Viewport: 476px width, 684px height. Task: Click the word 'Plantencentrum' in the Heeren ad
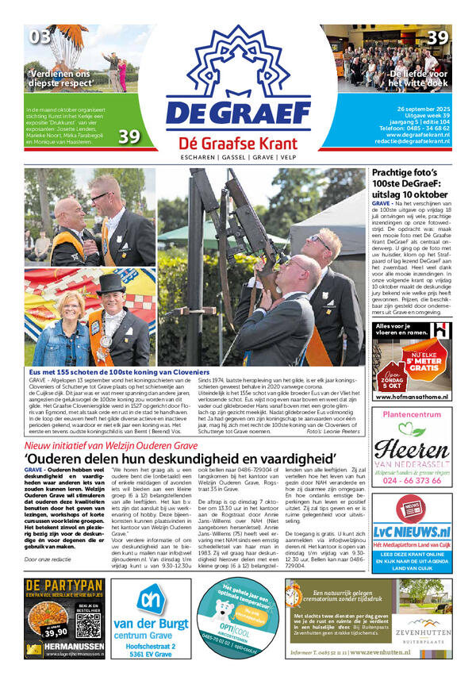(411, 415)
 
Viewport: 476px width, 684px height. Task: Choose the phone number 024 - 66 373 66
(411, 480)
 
